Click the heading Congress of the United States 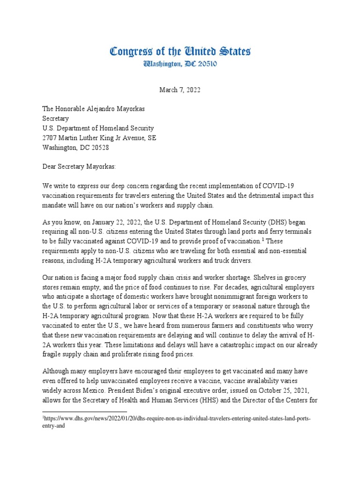180,51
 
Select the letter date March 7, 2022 180,90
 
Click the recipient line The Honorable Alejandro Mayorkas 93,109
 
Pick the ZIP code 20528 99,147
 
